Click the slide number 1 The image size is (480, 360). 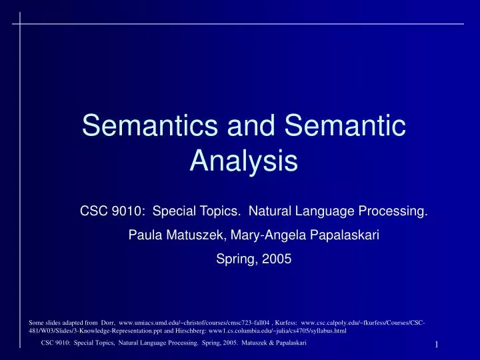click(x=435, y=345)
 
